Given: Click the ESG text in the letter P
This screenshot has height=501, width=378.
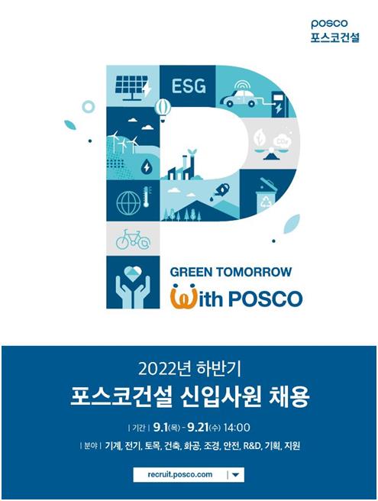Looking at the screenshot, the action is click(x=189, y=86).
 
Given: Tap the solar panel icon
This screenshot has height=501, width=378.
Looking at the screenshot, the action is click(x=133, y=86).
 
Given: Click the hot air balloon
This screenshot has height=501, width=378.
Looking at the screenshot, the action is click(x=163, y=110).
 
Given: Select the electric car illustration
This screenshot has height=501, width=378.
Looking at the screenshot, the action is click(x=240, y=96).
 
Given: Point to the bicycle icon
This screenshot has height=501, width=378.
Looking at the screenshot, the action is click(x=133, y=240).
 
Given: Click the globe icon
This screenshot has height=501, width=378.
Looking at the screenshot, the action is click(x=128, y=203).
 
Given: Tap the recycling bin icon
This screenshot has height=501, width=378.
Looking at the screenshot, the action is click(x=266, y=196).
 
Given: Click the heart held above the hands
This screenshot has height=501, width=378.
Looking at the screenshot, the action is click(x=133, y=274).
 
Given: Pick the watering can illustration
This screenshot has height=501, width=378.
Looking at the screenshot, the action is click(x=220, y=190).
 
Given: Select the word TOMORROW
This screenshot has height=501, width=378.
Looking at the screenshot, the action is click(x=254, y=272).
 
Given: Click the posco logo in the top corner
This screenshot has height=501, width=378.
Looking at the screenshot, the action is click(x=330, y=24).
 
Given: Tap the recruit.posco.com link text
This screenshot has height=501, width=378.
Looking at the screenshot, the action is click(x=180, y=474).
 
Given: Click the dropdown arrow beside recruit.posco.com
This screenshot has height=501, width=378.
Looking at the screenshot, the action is click(x=235, y=475).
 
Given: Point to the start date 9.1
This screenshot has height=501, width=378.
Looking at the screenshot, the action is click(x=160, y=427).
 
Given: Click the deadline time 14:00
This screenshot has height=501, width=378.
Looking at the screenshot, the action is click(x=237, y=427).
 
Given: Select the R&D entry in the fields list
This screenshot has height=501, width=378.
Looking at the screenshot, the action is click(x=252, y=446).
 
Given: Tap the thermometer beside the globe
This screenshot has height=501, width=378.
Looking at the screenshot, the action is click(x=147, y=197).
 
